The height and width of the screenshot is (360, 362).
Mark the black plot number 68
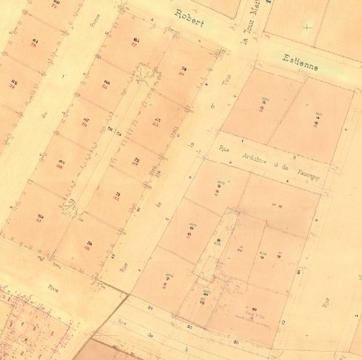pos(108,82)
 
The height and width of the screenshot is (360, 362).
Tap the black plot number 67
pos(85,120)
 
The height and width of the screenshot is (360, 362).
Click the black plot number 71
pos(117,194)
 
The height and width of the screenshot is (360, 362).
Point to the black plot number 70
pos(89,242)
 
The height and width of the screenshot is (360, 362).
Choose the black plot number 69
pos(40,216)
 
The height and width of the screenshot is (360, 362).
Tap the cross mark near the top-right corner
pos(308,27)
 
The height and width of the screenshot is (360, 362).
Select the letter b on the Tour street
pos(213,105)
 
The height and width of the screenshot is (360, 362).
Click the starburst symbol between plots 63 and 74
pos(150,79)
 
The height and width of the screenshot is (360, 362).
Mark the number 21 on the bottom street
pos(238,341)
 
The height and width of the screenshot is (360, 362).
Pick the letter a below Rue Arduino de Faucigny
pos(193,145)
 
